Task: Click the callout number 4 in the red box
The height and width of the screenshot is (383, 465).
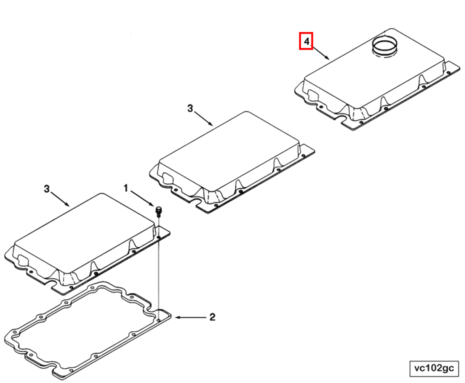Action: click(x=306, y=41)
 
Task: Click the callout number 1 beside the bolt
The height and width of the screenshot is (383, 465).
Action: click(x=126, y=188)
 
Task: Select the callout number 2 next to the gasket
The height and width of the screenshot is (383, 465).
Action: click(x=212, y=317)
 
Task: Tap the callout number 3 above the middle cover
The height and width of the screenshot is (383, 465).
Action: click(x=190, y=108)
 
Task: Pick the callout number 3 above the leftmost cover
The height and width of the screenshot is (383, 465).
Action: click(x=47, y=189)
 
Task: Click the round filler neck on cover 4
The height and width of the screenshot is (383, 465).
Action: click(x=384, y=46)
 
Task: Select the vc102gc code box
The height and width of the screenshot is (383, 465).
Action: click(x=434, y=368)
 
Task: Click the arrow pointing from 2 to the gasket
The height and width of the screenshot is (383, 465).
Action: click(x=191, y=317)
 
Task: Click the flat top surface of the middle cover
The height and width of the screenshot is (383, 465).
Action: click(x=230, y=149)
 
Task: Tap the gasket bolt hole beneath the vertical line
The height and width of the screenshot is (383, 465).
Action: click(x=159, y=320)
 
